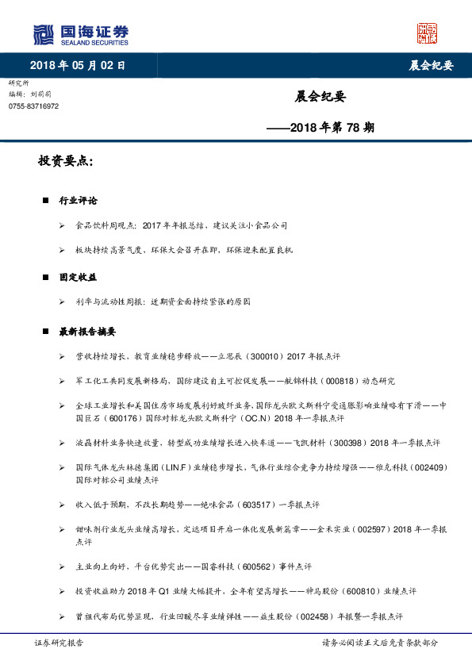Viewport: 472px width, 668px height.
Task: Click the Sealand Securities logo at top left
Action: coord(80,35)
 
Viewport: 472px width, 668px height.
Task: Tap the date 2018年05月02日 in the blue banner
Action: coord(78,64)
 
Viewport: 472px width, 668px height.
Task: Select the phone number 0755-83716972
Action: coord(33,106)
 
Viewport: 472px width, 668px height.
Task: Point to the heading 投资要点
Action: coord(66,161)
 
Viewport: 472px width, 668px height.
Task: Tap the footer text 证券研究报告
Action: coord(59,643)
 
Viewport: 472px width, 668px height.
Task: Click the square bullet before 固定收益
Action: coord(47,278)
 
